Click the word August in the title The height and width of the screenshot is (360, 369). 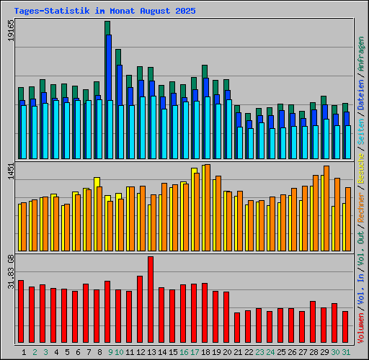point(154,12)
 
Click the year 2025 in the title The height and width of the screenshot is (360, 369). point(186,12)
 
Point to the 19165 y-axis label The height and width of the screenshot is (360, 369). point(10,32)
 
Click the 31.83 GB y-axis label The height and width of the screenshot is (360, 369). point(10,274)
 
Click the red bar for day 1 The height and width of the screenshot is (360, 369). point(21,311)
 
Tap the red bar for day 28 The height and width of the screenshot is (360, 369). point(313,322)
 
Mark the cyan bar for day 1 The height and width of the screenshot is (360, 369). point(23,132)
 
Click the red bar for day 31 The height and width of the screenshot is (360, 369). point(345,327)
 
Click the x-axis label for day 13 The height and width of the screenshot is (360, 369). point(151,352)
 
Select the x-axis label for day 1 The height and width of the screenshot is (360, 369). point(24,352)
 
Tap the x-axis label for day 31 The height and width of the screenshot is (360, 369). point(346,352)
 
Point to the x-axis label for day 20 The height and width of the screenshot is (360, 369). point(227,352)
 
